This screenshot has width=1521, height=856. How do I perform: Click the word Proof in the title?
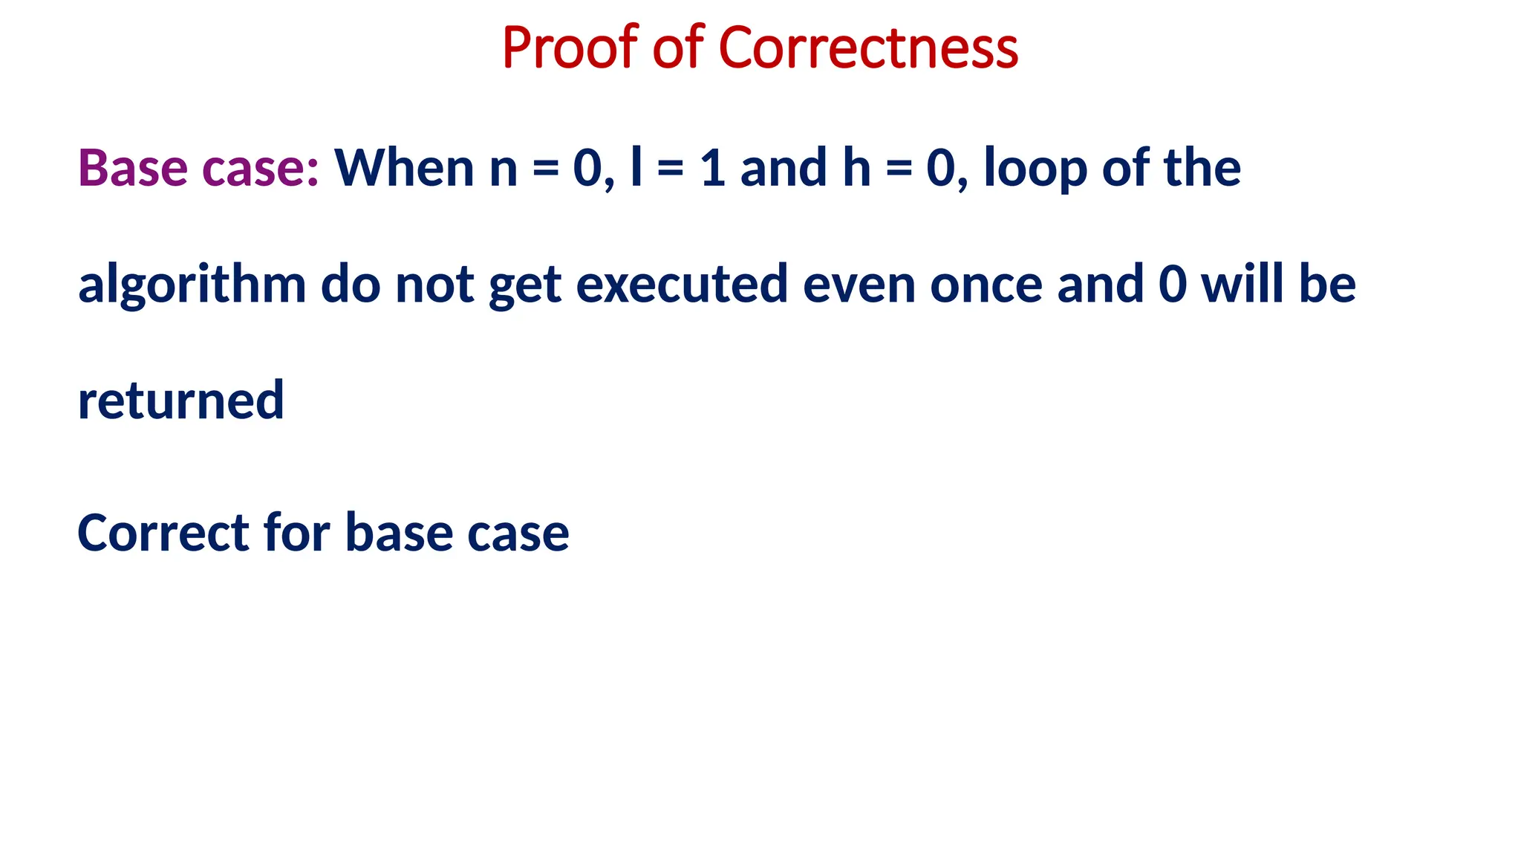tap(570, 48)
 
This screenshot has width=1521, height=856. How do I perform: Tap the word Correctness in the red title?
tap(868, 48)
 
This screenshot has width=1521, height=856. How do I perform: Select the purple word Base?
tap(132, 167)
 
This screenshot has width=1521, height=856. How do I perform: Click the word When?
tap(404, 167)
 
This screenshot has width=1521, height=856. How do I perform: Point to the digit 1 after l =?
tap(712, 167)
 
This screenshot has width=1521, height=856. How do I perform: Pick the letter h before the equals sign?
tap(856, 167)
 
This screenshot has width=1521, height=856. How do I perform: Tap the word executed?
tap(681, 285)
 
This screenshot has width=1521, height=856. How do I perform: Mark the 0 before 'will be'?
tap(1172, 285)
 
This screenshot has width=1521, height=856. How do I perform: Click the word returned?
tap(180, 401)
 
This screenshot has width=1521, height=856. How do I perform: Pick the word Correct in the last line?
tap(163, 534)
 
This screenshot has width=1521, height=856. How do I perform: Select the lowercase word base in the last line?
tap(399, 534)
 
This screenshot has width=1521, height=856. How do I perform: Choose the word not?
tap(434, 285)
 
